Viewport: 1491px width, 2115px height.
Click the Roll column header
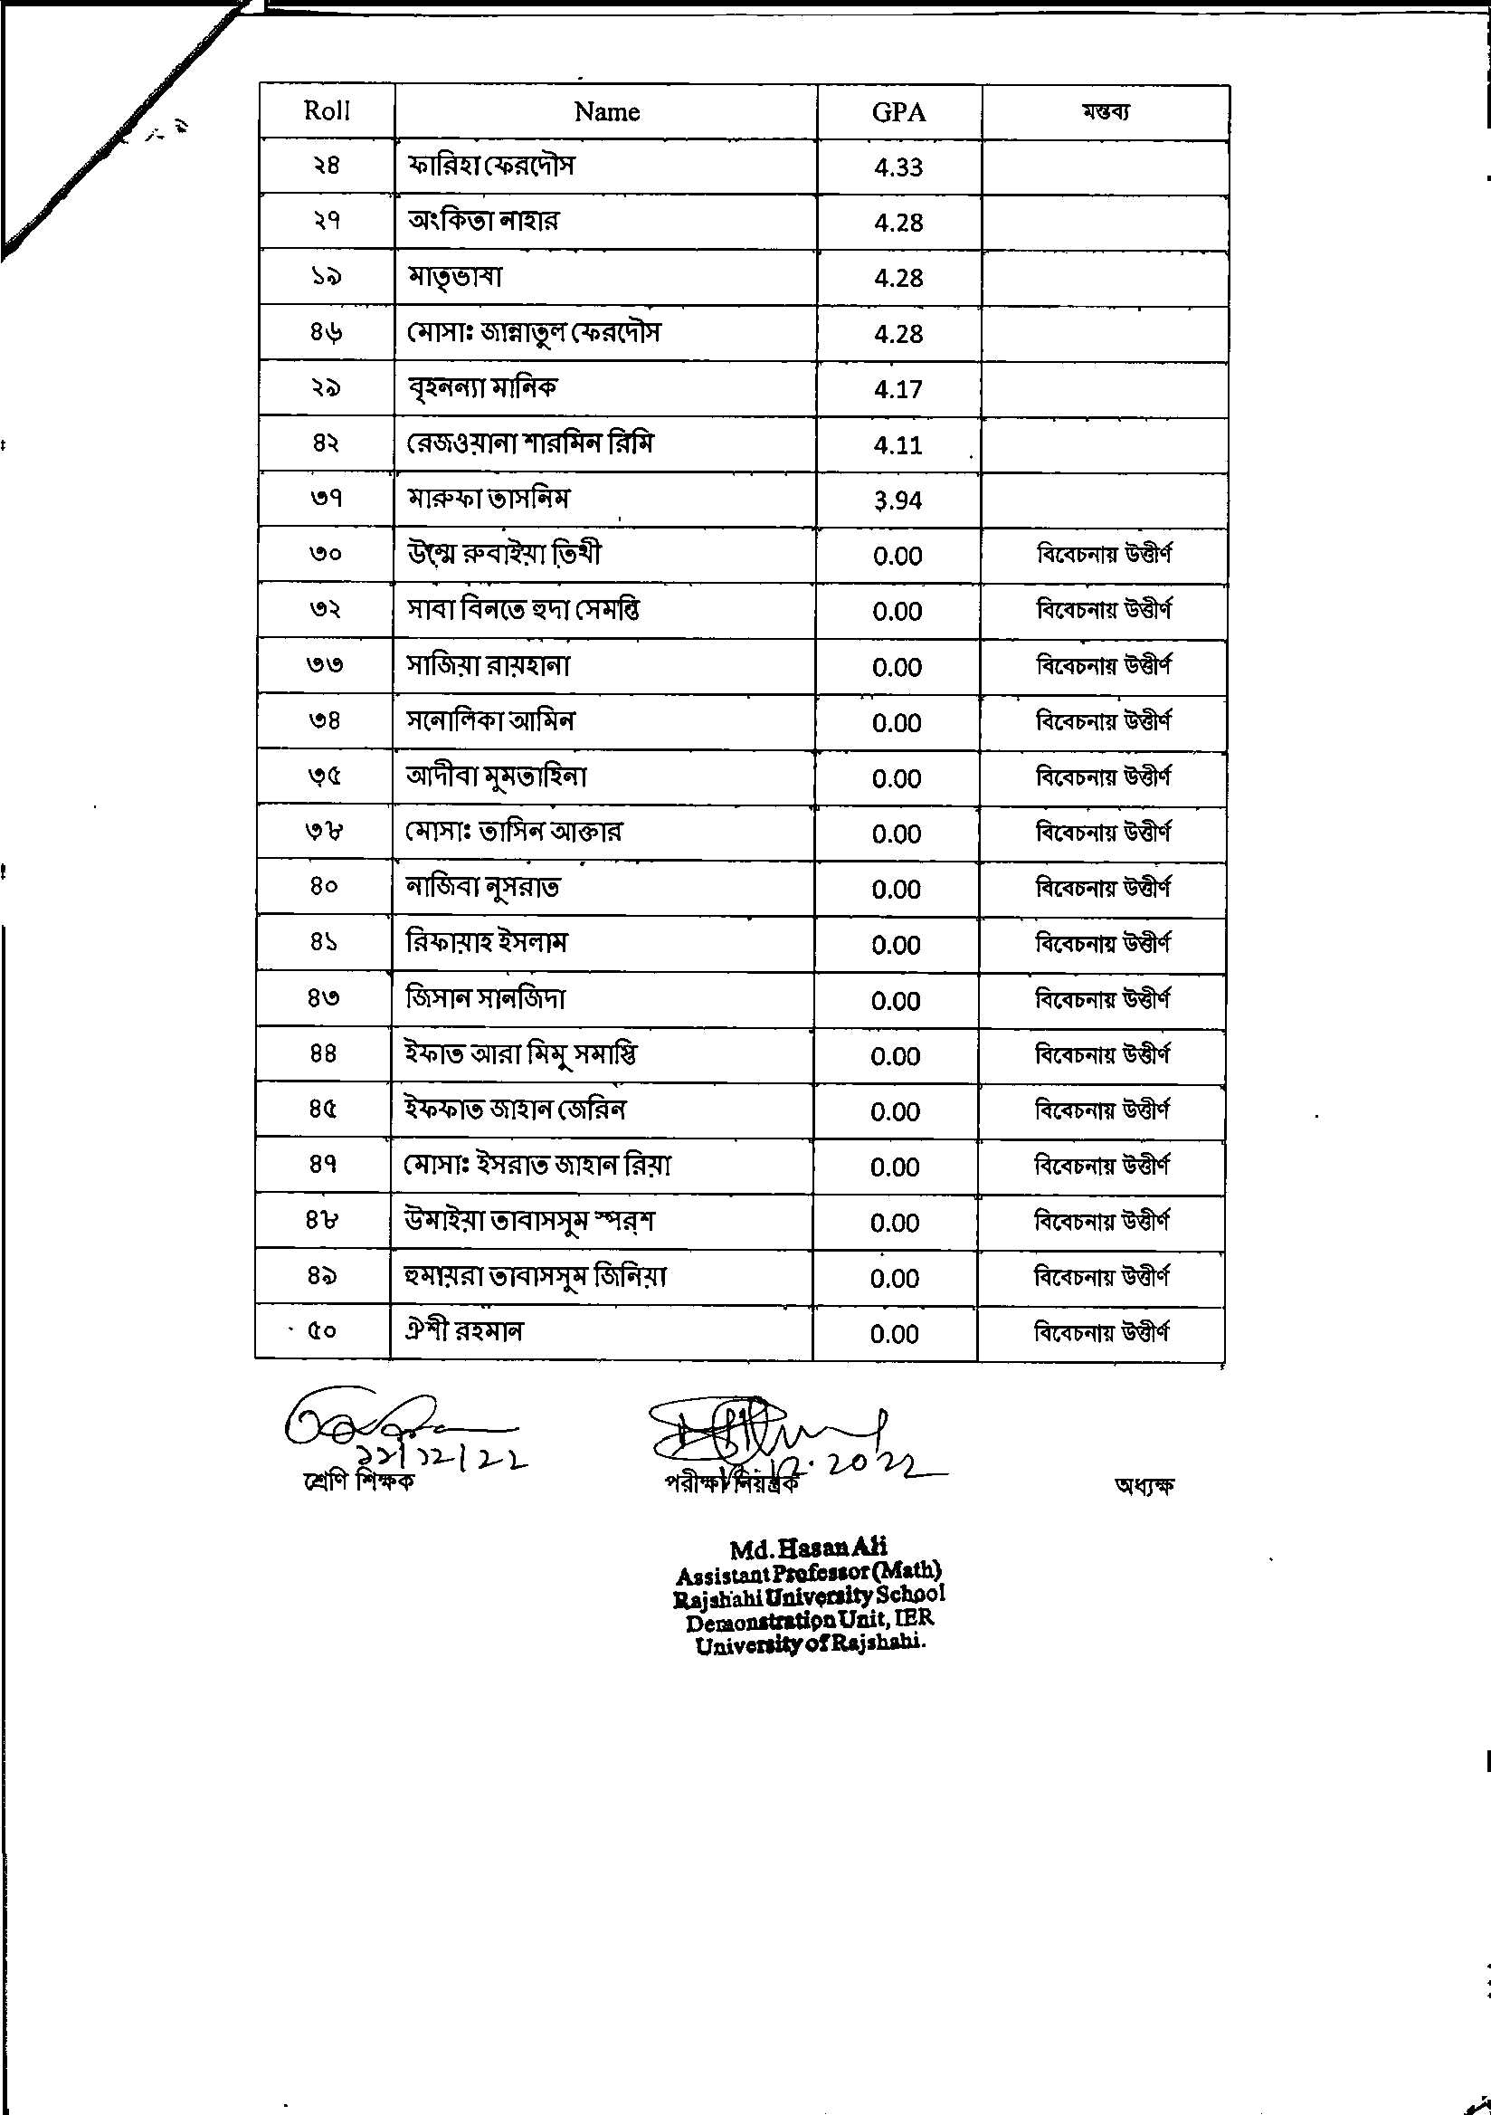click(327, 111)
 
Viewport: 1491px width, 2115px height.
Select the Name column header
click(606, 112)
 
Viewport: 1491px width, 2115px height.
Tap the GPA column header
click(897, 112)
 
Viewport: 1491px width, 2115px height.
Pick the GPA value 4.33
click(897, 167)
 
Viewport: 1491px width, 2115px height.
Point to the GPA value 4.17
click(897, 390)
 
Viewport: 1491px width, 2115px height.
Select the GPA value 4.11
click(897, 445)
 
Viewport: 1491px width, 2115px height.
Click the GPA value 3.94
click(897, 501)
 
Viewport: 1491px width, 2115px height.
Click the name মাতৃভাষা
click(455, 277)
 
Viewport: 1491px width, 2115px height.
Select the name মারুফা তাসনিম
click(489, 500)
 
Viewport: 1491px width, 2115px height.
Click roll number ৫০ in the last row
click(321, 1332)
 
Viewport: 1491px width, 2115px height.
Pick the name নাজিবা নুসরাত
click(483, 888)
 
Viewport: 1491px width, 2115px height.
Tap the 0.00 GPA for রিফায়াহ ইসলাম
click(896, 946)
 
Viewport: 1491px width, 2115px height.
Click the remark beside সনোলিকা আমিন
click(1103, 722)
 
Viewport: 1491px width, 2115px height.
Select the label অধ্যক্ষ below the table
click(1144, 1486)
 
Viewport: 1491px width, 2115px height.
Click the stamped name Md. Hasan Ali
click(809, 1548)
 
